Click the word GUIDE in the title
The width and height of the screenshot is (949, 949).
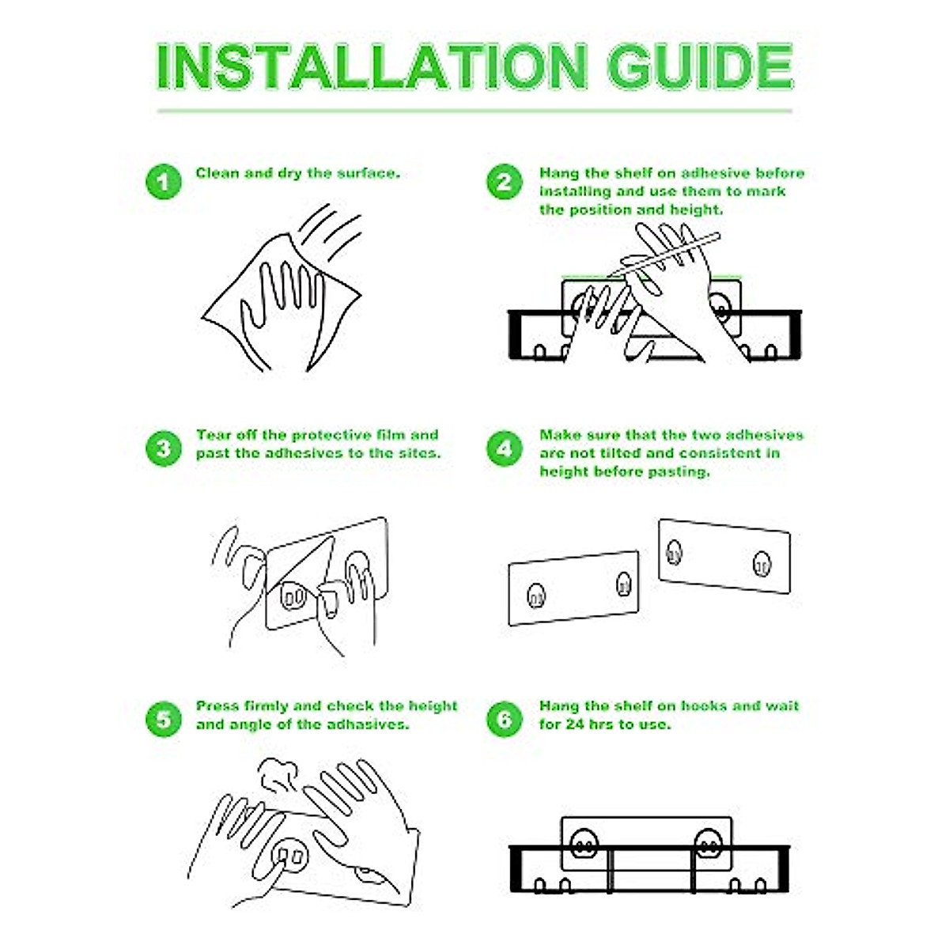(x=700, y=66)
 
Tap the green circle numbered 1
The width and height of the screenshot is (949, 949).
(x=164, y=182)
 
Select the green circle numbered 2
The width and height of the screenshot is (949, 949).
(x=505, y=182)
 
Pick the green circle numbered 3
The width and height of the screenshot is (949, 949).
(x=164, y=448)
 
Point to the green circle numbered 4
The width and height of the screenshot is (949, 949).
(x=505, y=448)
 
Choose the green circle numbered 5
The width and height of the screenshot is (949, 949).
(x=164, y=719)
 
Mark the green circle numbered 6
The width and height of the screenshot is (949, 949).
(x=505, y=719)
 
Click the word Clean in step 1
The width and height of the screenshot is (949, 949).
(x=217, y=173)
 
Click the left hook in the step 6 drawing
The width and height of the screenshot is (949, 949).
(x=582, y=846)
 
